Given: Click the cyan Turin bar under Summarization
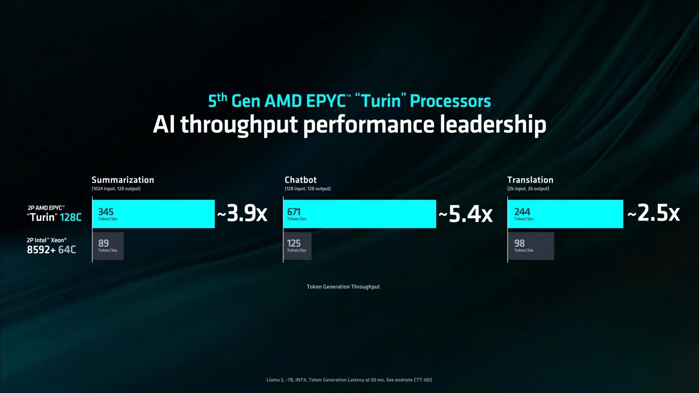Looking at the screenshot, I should point(153,214).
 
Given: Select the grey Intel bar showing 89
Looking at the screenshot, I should point(108,246).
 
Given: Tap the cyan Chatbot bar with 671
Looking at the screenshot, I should point(359,214).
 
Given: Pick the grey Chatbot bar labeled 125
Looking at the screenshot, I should point(298,246).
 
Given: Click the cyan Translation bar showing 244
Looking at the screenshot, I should point(565,214).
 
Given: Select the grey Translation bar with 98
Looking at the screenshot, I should point(531,246).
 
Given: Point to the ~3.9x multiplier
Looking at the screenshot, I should point(242,214).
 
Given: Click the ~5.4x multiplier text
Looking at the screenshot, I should point(466,214).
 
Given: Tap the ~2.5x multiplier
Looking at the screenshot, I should point(654,213).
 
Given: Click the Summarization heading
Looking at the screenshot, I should point(123,180).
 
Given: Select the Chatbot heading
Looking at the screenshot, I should point(301,180).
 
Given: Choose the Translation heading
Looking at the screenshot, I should point(530,180).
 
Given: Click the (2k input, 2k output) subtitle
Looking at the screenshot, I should point(528,189).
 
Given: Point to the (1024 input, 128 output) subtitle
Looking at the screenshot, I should point(116,189).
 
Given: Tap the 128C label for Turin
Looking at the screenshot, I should point(71,217).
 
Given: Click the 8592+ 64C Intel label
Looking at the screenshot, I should point(52,250).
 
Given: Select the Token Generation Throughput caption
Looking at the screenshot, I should point(343,287).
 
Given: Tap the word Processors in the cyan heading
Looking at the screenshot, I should point(450,101).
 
